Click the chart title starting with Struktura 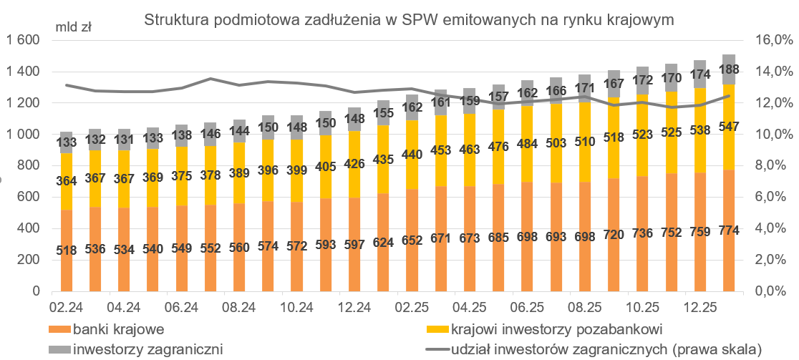pos(409,20)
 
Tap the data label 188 pos(729,69)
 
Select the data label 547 pos(729,127)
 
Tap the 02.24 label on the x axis pos(66,308)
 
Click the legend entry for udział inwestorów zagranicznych pos(605,349)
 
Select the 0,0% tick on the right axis pos(769,292)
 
